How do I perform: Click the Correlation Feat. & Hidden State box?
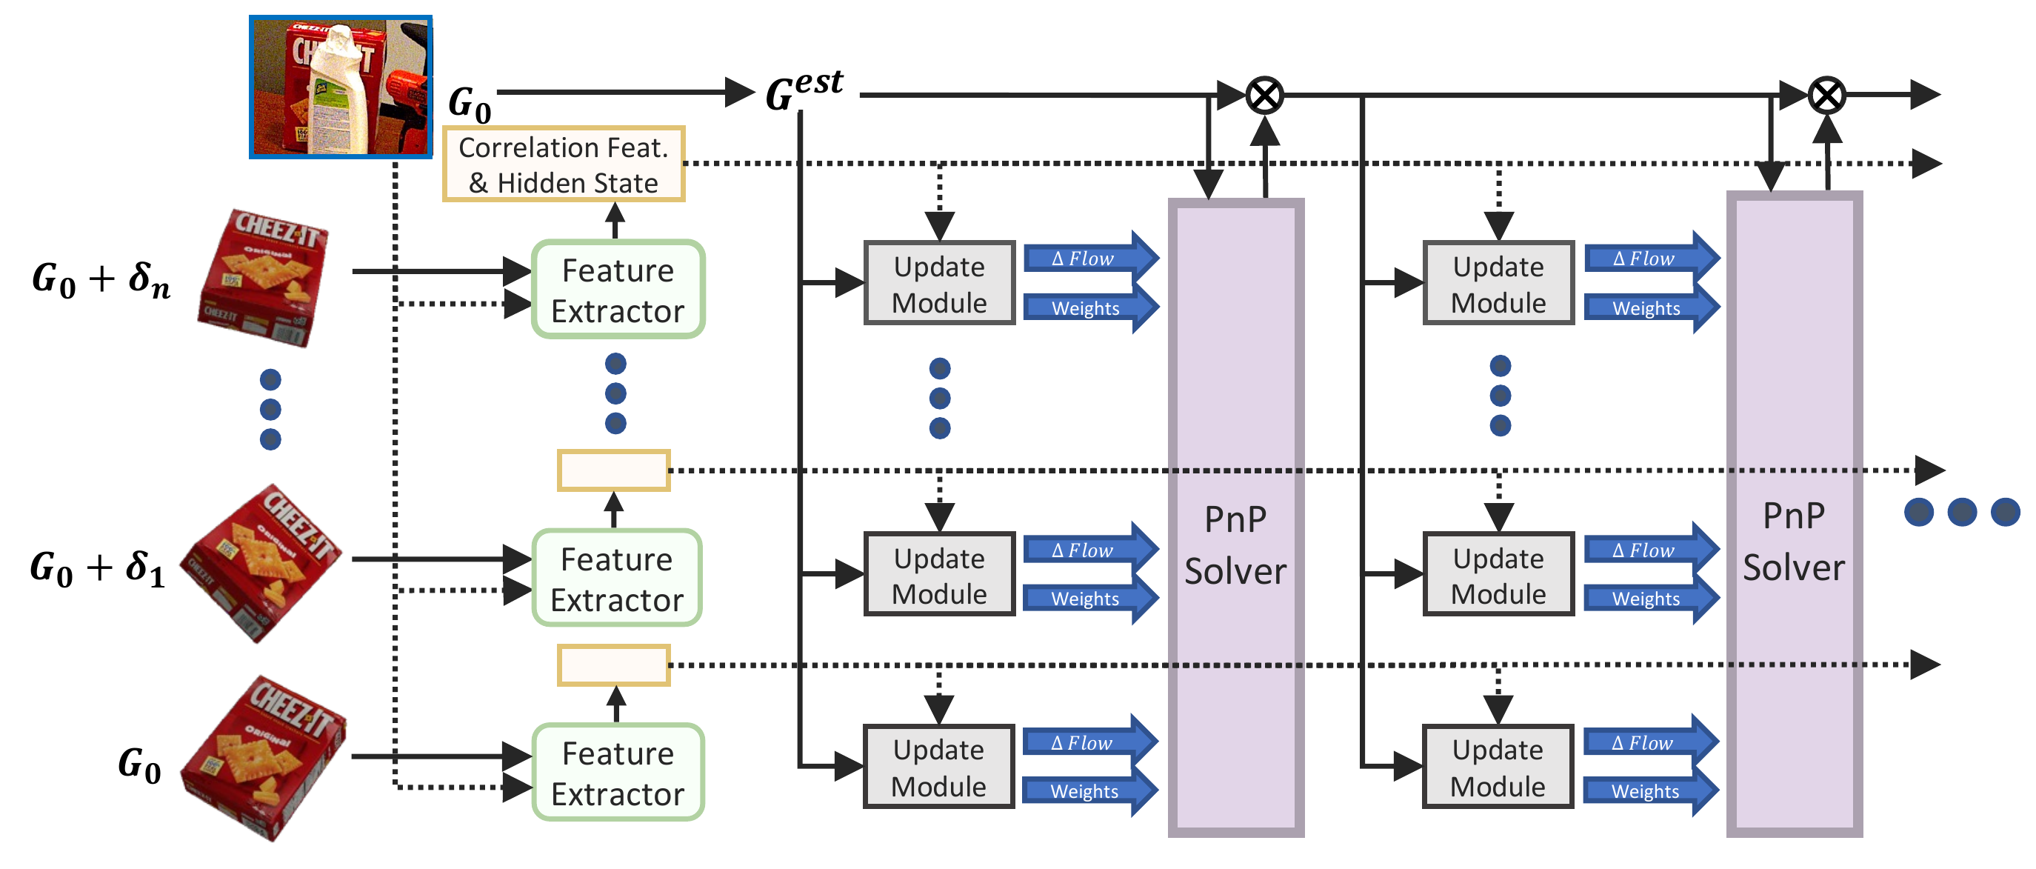(x=563, y=164)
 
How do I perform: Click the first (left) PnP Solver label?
(x=1235, y=545)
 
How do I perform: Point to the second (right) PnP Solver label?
(x=1793, y=542)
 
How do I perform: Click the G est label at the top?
(x=804, y=90)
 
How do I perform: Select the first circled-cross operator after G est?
(x=1264, y=96)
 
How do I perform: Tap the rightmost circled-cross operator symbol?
(x=1826, y=96)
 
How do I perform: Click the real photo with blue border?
(x=341, y=87)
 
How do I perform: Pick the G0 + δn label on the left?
(x=101, y=279)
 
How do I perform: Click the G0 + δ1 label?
(x=97, y=567)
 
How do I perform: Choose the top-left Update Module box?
(x=939, y=284)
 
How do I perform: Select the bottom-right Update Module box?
(x=1497, y=767)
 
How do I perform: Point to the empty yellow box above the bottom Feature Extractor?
(x=613, y=665)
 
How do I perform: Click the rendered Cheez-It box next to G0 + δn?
(x=263, y=277)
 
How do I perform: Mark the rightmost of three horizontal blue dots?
(x=2004, y=512)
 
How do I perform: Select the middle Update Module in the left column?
(x=939, y=575)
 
